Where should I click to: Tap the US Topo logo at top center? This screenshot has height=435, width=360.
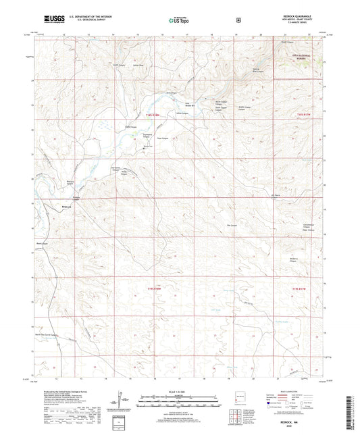[x=179, y=20]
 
